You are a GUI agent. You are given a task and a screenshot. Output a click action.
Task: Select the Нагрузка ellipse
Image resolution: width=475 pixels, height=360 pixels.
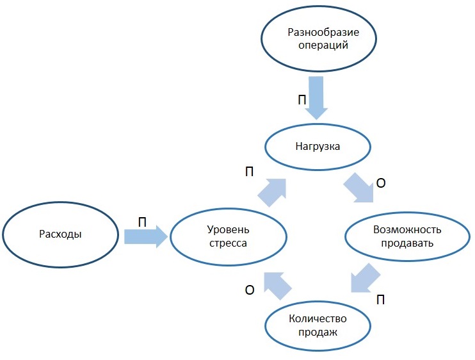click(x=318, y=147)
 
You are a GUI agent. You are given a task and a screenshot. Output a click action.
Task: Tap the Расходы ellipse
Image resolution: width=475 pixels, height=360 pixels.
click(x=61, y=234)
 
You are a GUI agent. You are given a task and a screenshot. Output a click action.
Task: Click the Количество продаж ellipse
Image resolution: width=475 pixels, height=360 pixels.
click(x=318, y=326)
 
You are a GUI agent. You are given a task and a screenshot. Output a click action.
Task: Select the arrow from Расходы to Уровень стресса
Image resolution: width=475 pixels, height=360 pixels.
click(x=145, y=237)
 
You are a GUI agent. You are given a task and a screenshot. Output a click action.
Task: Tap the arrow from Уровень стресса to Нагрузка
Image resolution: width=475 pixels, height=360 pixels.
click(x=271, y=191)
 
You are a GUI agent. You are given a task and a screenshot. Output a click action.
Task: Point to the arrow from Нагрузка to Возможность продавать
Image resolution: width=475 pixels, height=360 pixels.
click(x=358, y=186)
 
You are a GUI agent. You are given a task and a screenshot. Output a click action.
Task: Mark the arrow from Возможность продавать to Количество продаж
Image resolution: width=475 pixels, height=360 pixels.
click(x=366, y=277)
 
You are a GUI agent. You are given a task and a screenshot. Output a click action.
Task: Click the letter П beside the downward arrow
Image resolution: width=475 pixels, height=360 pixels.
click(x=302, y=101)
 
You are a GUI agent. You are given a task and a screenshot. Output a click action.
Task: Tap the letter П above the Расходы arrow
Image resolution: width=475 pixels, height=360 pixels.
click(x=142, y=222)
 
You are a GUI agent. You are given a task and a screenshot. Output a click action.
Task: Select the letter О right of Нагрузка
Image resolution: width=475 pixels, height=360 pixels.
click(x=380, y=183)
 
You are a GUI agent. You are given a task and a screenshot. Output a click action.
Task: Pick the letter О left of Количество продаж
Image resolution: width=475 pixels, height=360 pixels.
click(x=250, y=290)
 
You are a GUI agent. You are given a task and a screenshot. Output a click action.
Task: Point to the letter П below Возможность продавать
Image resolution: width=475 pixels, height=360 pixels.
click(x=380, y=300)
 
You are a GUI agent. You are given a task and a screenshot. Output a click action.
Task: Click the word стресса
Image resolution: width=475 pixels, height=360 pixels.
click(x=227, y=243)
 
